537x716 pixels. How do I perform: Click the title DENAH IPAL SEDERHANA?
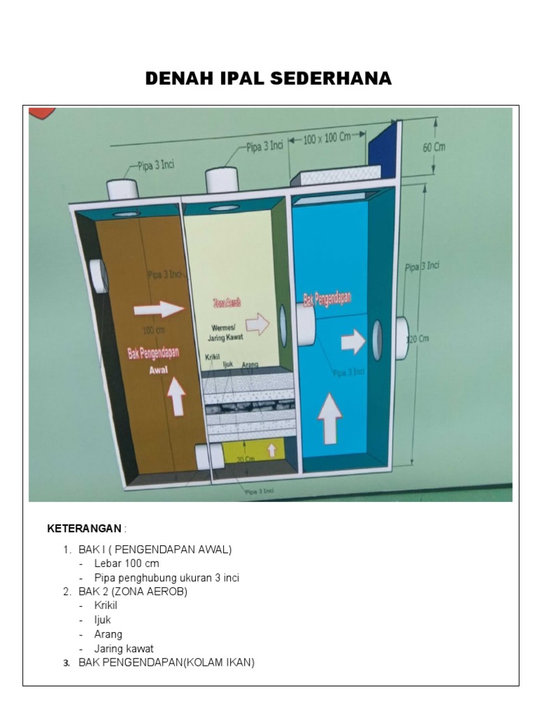268,78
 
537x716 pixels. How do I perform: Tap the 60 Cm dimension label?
434,148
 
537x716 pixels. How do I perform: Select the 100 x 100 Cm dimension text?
327,138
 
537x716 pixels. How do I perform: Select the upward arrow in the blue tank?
330,417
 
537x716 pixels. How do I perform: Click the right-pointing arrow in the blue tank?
353,342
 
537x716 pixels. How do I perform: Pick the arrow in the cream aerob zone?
257,324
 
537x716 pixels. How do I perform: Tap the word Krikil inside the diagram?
212,358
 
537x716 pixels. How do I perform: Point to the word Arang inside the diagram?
250,365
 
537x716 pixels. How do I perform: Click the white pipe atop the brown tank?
122,189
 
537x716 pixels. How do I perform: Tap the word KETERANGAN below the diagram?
84,528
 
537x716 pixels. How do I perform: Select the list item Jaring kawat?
124,648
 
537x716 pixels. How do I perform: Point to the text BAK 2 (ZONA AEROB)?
133,592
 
